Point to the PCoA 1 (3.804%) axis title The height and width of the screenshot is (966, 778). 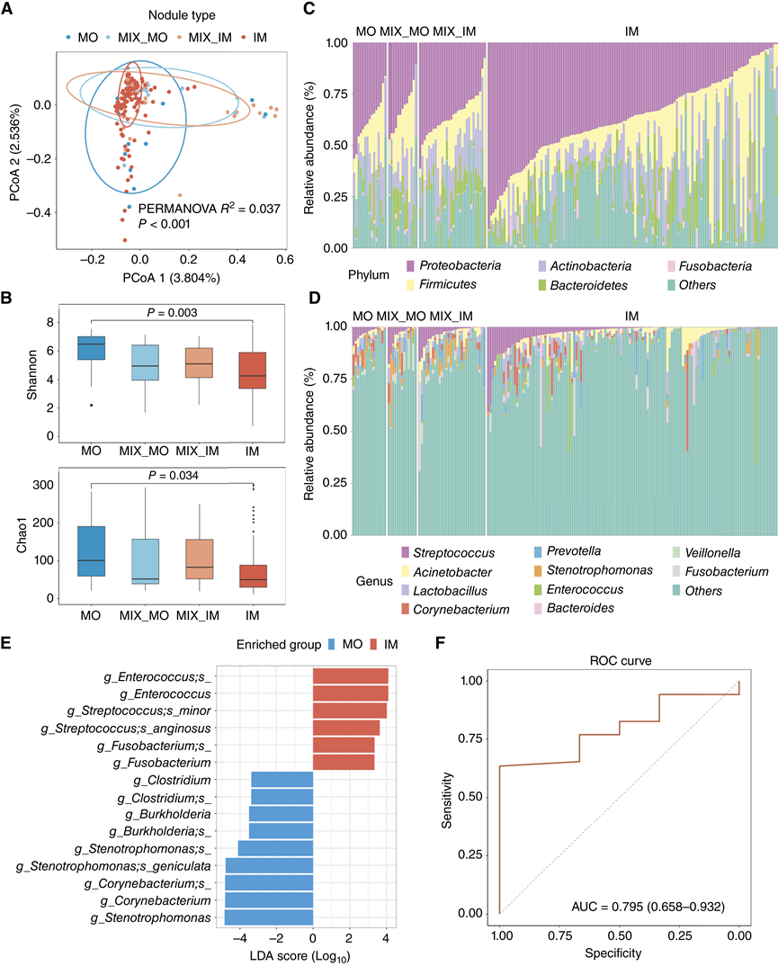click(x=165, y=278)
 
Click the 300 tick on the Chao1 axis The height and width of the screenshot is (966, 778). click(x=41, y=486)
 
